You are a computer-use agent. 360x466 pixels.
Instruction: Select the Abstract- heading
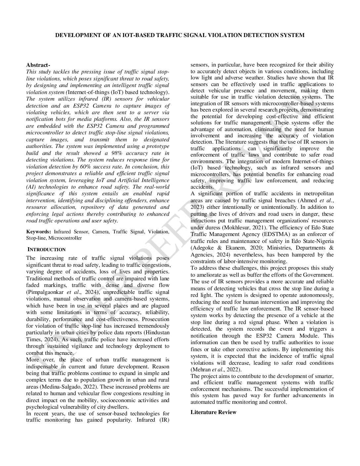click(38, 65)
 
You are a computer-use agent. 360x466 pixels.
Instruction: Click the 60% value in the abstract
click(79, 166)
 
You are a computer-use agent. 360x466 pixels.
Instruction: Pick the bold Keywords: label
click(38, 232)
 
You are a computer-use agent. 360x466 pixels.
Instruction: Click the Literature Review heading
click(213, 412)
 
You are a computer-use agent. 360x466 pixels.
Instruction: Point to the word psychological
click(42, 407)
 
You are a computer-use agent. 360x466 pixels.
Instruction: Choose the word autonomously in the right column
click(317, 295)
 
